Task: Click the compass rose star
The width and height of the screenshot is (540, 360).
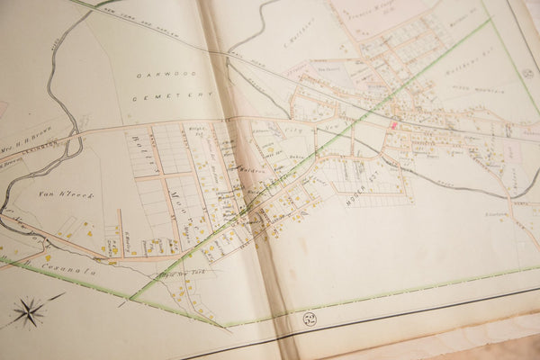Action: [x=29, y=312]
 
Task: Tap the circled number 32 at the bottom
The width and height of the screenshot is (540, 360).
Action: [x=309, y=319]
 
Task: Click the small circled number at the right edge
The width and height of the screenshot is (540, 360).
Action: [x=527, y=73]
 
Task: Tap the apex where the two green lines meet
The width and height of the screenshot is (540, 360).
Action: [x=131, y=298]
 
